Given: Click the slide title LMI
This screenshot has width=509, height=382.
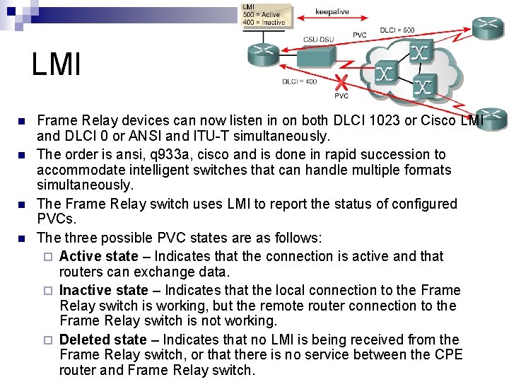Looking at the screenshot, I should click(x=57, y=64).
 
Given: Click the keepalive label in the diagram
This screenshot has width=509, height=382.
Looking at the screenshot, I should click(x=332, y=12).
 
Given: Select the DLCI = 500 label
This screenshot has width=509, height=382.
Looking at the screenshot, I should click(x=397, y=30).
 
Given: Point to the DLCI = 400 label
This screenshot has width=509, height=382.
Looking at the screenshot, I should click(x=300, y=81).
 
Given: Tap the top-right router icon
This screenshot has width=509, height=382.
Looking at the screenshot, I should click(x=488, y=26).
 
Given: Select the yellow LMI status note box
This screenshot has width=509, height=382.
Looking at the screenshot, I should click(x=264, y=14).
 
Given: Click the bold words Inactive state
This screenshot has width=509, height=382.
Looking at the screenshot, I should click(x=104, y=290).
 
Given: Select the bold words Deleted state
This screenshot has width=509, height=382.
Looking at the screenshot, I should click(x=103, y=340).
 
